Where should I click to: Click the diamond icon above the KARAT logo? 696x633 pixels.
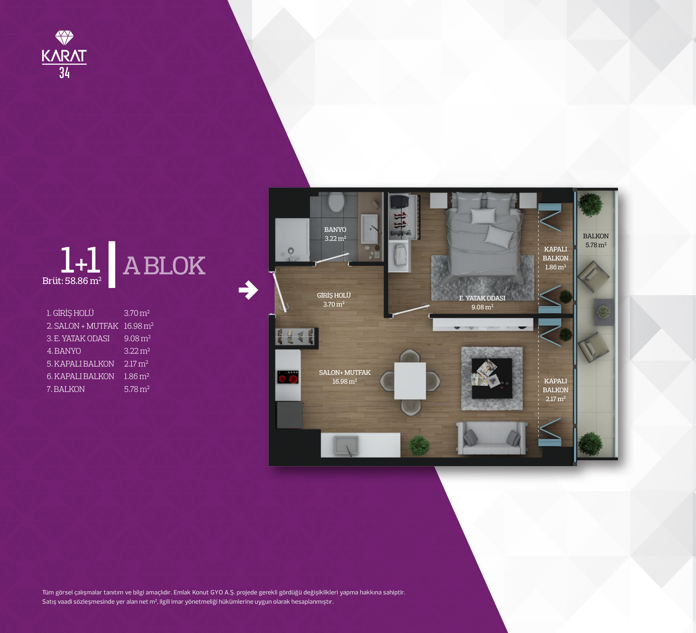[64, 38]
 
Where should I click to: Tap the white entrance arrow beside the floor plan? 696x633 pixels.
[248, 290]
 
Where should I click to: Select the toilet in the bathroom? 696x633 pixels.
[336, 202]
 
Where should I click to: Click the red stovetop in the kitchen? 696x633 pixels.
[288, 377]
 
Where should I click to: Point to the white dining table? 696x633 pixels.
[410, 381]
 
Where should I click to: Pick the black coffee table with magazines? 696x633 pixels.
[492, 378]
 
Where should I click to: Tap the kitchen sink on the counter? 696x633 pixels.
[346, 445]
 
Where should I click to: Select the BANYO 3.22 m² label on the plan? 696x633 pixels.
[335, 234]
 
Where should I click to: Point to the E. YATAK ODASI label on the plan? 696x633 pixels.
[482, 303]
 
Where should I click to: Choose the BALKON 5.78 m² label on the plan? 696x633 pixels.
[596, 240]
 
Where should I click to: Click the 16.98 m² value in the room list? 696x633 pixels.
[139, 326]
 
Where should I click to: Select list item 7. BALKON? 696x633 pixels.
[66, 389]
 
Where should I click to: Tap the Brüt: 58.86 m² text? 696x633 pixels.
[72, 281]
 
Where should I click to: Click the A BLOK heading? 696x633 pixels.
[164, 266]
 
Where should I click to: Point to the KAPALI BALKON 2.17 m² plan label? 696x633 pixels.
[555, 390]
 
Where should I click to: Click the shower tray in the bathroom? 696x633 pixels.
[292, 240]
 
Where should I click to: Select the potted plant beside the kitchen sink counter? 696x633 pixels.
[419, 445]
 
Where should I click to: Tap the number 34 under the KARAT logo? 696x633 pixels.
[64, 73]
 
